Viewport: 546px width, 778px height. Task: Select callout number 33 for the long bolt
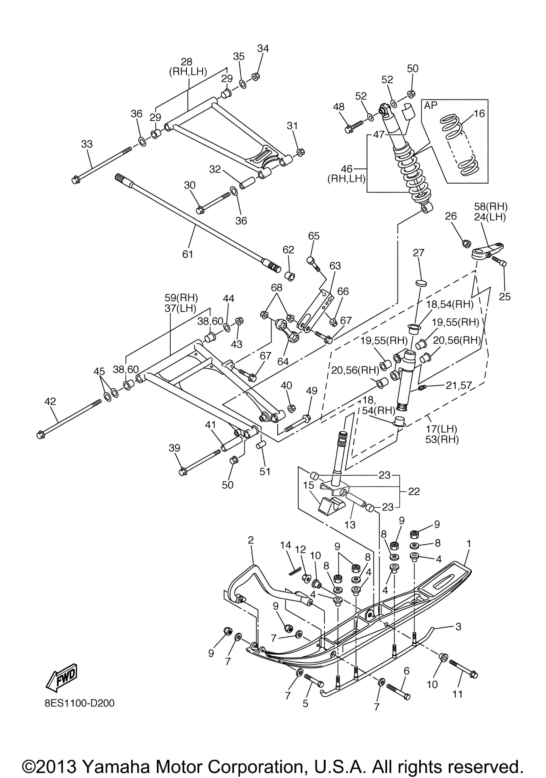click(87, 144)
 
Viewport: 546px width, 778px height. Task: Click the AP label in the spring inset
click(431, 105)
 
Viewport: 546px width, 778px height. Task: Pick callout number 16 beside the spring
click(479, 113)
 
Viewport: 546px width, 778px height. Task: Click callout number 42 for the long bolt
click(50, 402)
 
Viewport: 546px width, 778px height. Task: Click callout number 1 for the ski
click(469, 543)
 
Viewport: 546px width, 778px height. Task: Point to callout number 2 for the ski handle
click(251, 540)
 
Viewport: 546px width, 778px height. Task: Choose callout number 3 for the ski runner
click(458, 627)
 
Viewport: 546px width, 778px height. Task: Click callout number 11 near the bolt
click(457, 694)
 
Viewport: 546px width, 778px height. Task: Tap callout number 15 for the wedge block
click(308, 485)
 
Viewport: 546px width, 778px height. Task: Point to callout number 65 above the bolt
click(314, 236)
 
